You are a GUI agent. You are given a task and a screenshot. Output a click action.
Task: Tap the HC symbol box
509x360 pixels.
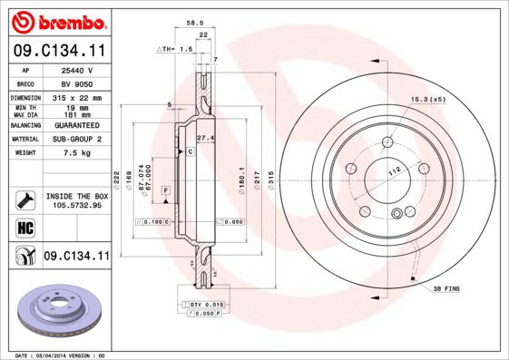[24, 228]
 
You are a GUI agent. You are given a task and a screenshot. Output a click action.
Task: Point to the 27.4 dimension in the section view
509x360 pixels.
[204, 137]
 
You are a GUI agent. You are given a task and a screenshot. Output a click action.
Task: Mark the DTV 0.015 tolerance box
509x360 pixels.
[206, 303]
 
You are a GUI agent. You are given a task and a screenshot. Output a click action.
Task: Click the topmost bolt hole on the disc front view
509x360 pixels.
[387, 141]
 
